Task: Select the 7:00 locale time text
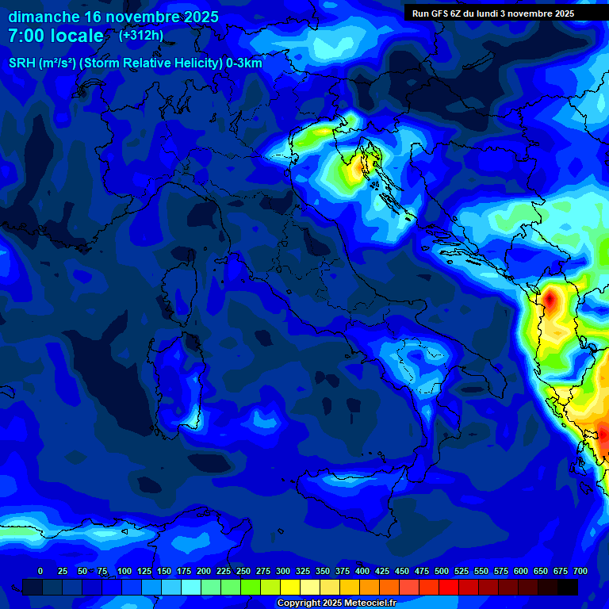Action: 56,36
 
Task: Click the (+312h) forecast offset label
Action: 140,36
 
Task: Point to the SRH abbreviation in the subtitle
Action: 21,63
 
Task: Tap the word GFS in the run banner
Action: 442,13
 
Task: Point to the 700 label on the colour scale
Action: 580,571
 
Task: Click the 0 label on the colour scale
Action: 40,571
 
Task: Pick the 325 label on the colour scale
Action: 302,571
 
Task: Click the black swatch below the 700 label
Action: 568,587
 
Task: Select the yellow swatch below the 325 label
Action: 290,587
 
